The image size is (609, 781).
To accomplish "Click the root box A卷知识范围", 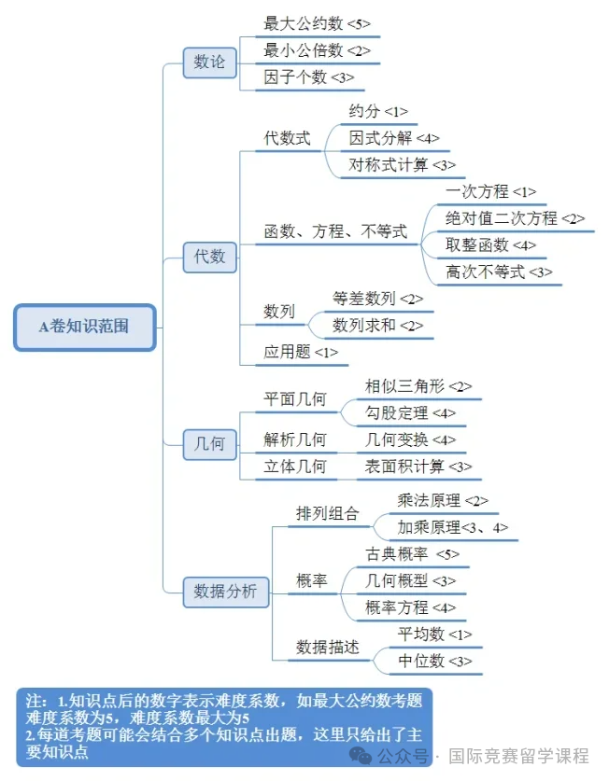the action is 85,328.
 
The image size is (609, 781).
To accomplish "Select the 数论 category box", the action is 209,63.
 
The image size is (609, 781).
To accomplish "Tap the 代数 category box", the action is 209,257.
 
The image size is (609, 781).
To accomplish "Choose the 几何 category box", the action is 209,444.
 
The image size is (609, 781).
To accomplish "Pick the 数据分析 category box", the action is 225,592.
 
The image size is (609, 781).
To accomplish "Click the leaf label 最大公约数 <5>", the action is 317,23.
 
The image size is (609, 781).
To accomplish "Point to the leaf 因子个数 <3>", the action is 309,77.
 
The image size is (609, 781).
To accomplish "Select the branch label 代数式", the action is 287,138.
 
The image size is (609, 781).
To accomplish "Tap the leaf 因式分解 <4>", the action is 394,138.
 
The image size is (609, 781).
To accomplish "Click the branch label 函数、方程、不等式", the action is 335,231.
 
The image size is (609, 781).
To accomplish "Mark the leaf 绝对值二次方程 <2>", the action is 515,218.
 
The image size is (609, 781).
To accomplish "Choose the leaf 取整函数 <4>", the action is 490,245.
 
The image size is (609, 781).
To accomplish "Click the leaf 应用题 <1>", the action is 301,352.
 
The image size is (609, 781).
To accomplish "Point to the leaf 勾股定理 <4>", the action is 410,413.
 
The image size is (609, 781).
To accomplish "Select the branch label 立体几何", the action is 295,467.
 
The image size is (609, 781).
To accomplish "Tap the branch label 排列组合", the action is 327,513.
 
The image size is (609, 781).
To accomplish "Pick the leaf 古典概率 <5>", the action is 412,554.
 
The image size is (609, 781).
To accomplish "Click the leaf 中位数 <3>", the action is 434,661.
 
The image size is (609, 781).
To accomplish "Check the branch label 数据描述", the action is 327,648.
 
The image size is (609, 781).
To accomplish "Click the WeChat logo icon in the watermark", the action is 361,756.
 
